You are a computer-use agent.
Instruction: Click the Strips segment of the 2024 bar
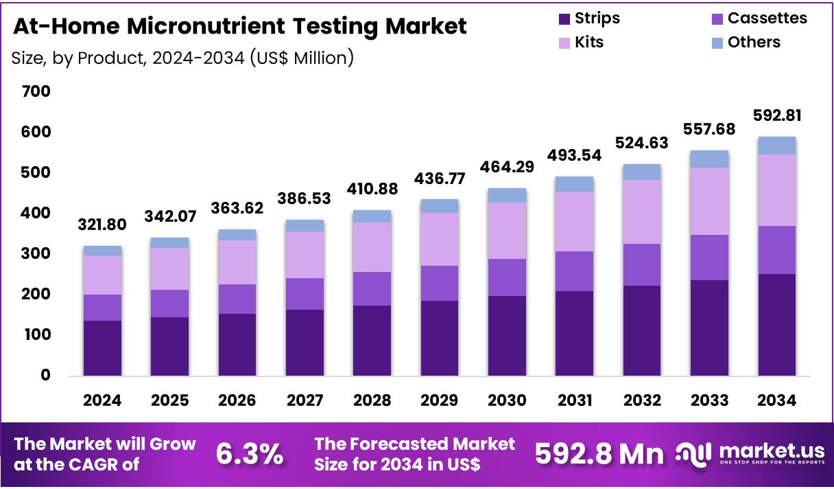102,348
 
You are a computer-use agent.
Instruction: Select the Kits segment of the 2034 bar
777,190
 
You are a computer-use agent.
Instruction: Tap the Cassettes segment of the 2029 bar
440,283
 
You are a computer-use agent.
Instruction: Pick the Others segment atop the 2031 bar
574,184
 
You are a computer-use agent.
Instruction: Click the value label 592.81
777,115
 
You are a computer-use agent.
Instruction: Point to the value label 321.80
102,225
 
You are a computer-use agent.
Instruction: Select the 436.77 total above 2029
440,179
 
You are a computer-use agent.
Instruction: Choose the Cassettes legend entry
767,18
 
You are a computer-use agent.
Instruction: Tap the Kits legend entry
589,42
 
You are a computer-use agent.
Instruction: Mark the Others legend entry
754,42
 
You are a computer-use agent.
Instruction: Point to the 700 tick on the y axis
36,91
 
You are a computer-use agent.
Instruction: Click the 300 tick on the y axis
36,253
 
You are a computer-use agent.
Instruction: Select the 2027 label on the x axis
305,400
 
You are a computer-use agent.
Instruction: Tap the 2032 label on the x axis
642,400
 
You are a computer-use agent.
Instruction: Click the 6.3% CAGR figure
250,454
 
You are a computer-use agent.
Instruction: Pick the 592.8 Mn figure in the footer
599,454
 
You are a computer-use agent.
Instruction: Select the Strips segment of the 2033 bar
710,328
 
